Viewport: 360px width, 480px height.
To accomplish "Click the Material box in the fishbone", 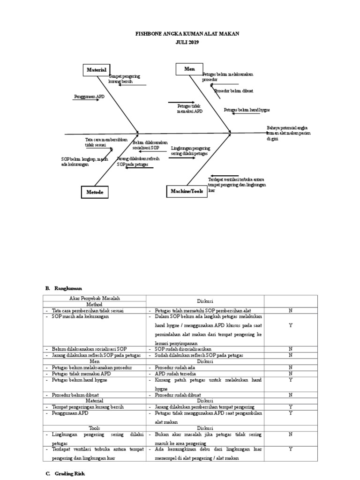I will point(97,70).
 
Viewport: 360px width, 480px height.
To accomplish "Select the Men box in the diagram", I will point(189,69).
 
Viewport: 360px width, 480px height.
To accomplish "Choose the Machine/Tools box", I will point(187,191).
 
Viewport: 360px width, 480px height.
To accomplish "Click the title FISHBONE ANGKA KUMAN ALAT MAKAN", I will point(180,34).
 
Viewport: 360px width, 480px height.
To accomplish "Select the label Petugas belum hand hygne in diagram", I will point(247,110).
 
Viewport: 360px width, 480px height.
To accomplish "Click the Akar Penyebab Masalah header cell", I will point(95,299).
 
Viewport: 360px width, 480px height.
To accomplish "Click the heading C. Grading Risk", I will point(67,474).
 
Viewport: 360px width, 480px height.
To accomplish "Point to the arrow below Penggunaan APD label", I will point(86,100).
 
